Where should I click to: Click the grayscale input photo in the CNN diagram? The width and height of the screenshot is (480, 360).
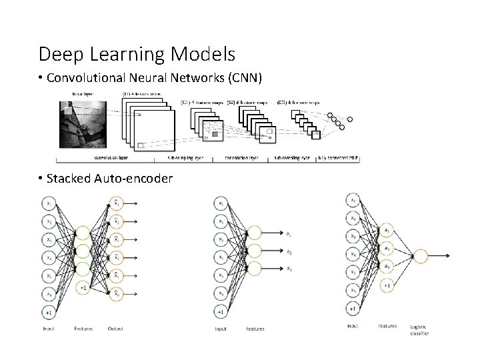(84, 123)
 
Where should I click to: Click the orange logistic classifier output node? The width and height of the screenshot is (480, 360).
(421, 255)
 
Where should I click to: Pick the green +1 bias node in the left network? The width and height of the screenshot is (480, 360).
(83, 287)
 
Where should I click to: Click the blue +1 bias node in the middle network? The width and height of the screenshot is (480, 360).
(221, 311)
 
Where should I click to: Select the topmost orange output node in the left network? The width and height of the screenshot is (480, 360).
(116, 203)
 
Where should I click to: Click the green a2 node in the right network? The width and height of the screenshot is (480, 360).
(387, 248)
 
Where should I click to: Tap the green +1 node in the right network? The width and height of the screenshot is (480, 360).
(387, 285)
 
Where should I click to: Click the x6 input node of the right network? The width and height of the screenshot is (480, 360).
(353, 290)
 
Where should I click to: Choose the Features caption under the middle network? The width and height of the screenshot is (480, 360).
(255, 328)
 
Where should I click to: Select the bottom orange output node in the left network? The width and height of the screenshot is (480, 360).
(116, 293)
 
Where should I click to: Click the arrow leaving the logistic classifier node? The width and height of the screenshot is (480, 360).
(444, 255)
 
